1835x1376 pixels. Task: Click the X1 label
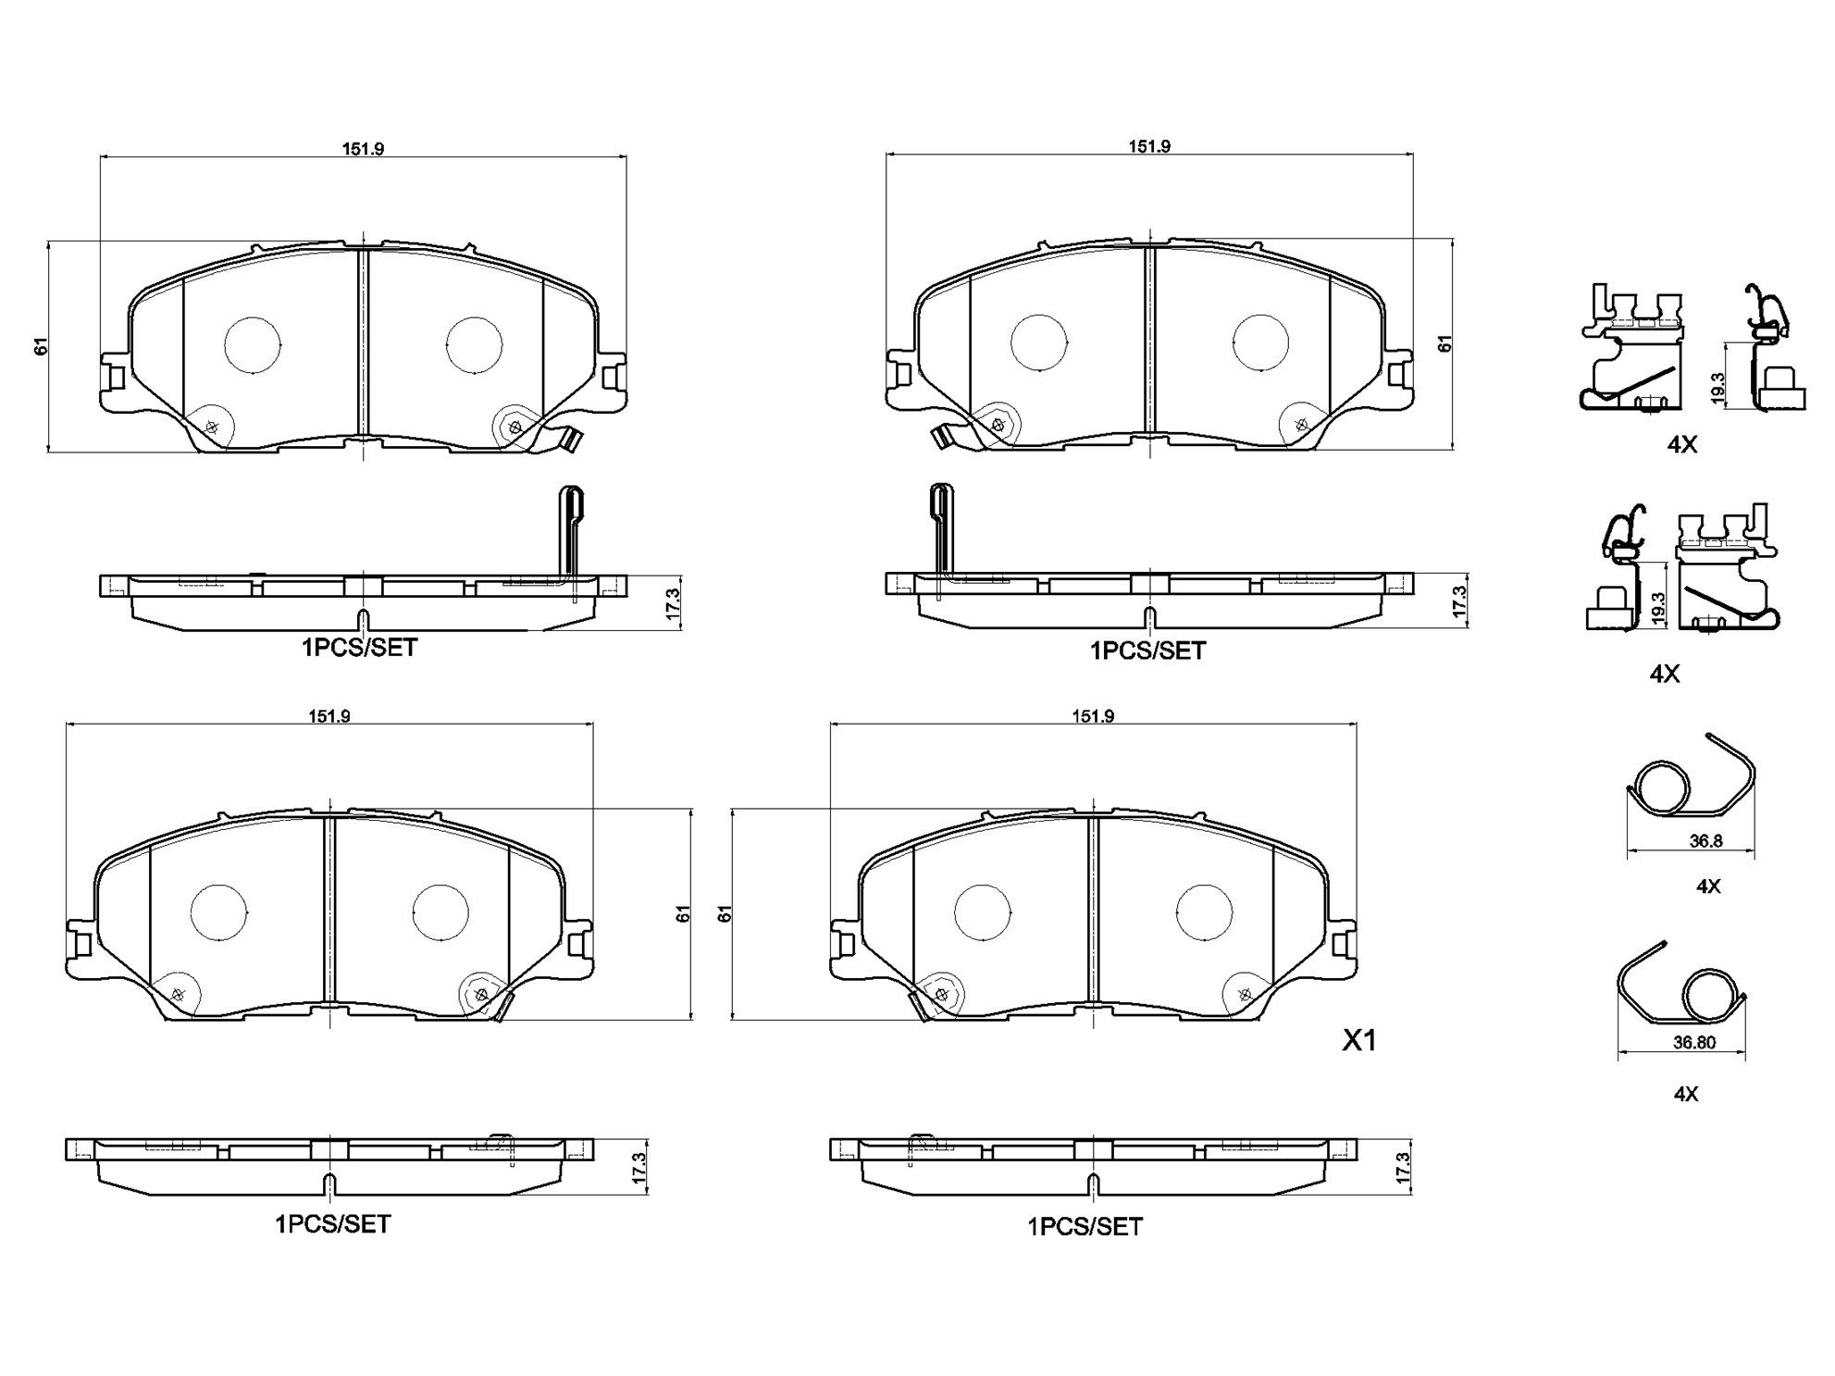1359,1041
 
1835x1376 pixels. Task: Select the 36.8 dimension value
1705,842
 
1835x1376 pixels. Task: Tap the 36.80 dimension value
1694,1042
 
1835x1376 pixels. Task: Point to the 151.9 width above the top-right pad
1149,146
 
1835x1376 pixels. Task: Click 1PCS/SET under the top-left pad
360,648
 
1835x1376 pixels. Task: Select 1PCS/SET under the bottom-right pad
1085,1227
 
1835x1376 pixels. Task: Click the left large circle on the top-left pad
253,345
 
